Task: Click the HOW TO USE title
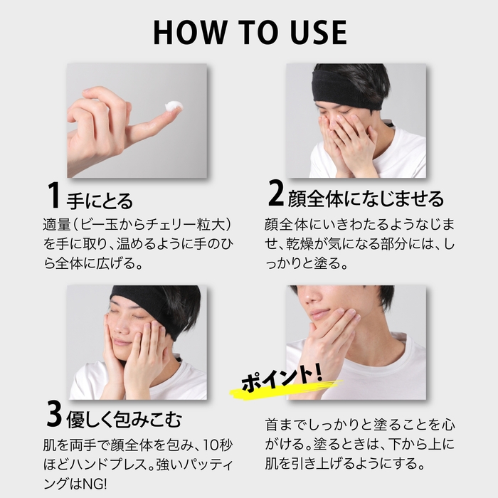point(249,32)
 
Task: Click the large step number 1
point(53,196)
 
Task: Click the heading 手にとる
point(100,200)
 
